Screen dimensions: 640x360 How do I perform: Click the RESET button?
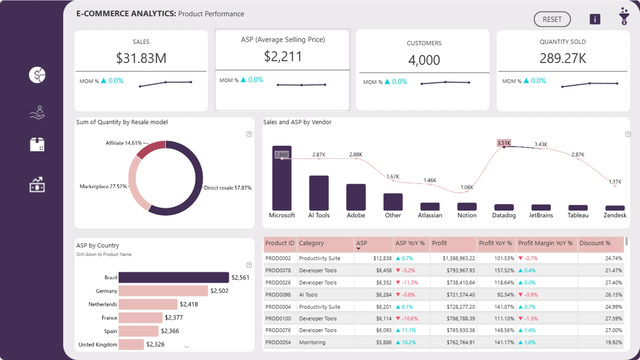552,19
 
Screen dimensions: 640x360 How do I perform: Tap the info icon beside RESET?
595,19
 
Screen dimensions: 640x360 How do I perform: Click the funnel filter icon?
624,16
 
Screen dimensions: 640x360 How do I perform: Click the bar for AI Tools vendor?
319,193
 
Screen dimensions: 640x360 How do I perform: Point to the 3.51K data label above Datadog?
504,143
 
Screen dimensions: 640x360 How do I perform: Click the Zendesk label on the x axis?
615,215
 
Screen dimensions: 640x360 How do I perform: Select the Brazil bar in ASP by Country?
174,277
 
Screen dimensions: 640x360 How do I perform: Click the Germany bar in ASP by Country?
163,291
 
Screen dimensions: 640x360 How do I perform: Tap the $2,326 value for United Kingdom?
155,344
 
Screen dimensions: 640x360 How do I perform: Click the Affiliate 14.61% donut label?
124,143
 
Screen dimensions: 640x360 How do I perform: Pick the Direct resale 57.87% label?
228,188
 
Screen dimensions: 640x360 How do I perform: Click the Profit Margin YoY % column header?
545,243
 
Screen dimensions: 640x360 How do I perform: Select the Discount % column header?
595,243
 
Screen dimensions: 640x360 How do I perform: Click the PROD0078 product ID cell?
278,270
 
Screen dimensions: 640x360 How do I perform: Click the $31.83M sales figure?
141,58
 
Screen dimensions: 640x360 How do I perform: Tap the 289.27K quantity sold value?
563,58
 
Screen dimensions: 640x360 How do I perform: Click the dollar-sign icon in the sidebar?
37,75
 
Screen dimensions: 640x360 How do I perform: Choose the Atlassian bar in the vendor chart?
430,206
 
